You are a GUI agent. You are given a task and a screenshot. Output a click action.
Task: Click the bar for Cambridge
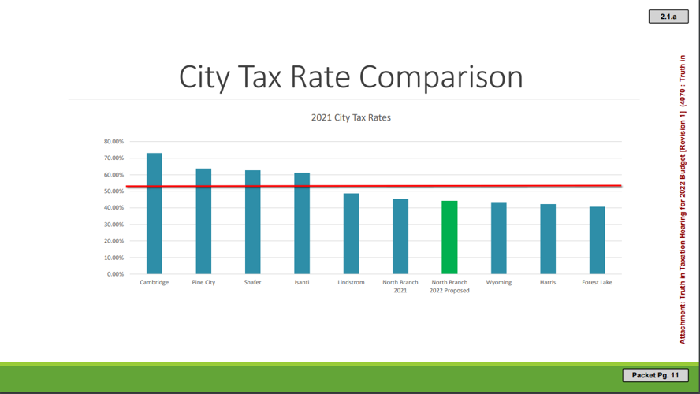[155, 214]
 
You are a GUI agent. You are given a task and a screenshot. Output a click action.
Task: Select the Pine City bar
[203, 221]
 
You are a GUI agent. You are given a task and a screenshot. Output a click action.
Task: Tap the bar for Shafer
[252, 222]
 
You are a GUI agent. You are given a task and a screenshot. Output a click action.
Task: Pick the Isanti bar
[302, 224]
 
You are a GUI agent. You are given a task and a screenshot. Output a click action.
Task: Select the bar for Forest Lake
[597, 240]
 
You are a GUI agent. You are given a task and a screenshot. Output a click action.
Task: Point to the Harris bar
[548, 240]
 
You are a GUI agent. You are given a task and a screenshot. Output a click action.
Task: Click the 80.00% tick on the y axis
[114, 142]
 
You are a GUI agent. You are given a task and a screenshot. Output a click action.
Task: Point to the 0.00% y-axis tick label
[115, 274]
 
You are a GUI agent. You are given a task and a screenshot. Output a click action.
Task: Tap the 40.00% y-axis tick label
[114, 208]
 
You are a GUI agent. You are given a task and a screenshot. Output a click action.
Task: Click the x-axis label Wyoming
[498, 282]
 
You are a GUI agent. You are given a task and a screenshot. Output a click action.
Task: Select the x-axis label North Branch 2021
[400, 286]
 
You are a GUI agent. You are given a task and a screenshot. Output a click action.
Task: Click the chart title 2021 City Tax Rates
[351, 117]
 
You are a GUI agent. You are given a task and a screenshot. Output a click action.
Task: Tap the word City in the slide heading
[207, 77]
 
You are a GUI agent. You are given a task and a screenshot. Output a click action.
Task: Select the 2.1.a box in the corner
[668, 16]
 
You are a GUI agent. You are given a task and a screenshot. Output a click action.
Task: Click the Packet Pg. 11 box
[655, 375]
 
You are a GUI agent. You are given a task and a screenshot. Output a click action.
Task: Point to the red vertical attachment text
[683, 197]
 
